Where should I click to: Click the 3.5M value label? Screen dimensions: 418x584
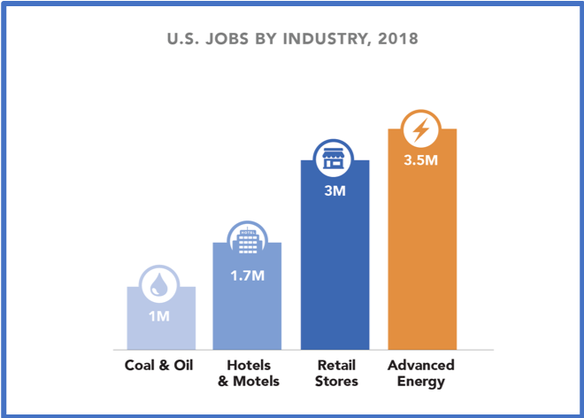(x=422, y=161)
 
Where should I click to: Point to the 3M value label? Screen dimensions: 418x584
(x=334, y=190)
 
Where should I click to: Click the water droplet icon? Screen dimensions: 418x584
(x=161, y=284)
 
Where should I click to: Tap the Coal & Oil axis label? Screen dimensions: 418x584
(x=159, y=366)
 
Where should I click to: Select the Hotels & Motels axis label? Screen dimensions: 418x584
(x=249, y=374)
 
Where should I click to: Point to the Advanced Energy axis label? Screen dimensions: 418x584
(x=421, y=374)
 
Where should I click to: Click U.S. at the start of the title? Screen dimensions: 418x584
(x=183, y=40)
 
